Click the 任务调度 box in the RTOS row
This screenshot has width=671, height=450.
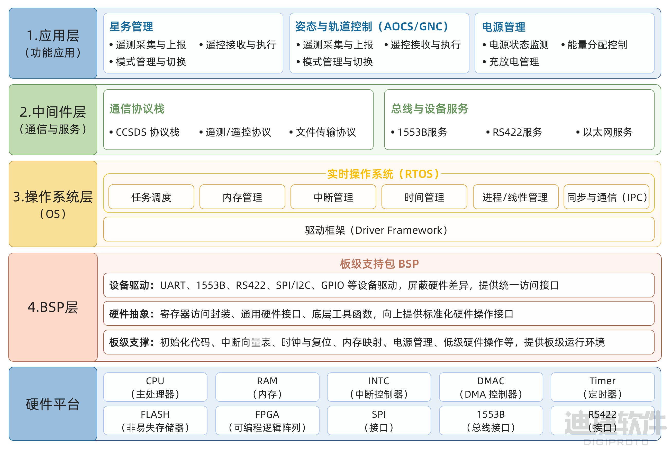click(151, 197)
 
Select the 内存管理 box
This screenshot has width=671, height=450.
click(242, 197)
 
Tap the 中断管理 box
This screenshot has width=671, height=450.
click(333, 197)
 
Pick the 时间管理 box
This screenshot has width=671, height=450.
click(424, 197)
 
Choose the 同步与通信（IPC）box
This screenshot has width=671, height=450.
click(607, 197)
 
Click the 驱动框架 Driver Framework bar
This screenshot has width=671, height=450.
click(379, 229)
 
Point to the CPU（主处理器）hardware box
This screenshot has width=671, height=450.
click(155, 387)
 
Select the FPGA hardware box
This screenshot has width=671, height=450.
click(267, 421)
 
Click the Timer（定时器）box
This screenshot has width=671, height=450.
click(603, 387)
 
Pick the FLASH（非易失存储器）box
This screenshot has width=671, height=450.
click(155, 421)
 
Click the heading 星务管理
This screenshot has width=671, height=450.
click(131, 26)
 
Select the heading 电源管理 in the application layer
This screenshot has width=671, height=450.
click(504, 27)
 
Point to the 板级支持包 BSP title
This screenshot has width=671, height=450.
click(379, 264)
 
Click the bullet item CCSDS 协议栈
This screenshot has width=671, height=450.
click(144, 132)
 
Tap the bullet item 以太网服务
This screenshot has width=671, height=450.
click(605, 132)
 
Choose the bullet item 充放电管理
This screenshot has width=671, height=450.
click(511, 62)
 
